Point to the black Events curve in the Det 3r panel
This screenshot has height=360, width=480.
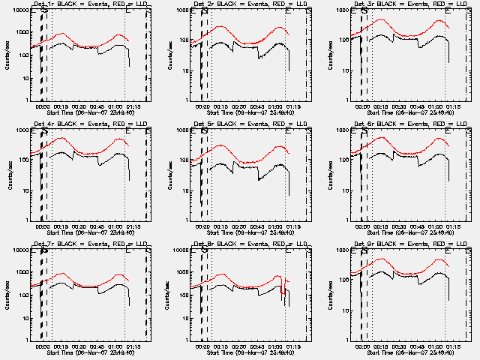tap(405, 37)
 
